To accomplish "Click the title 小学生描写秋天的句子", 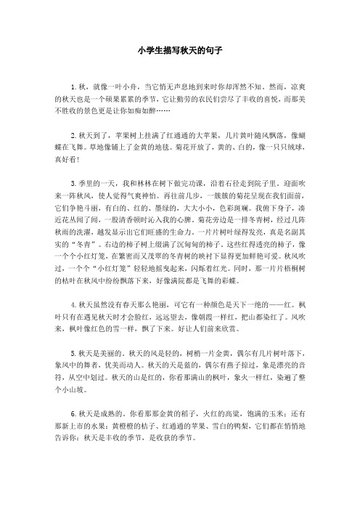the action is click(x=179, y=52).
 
